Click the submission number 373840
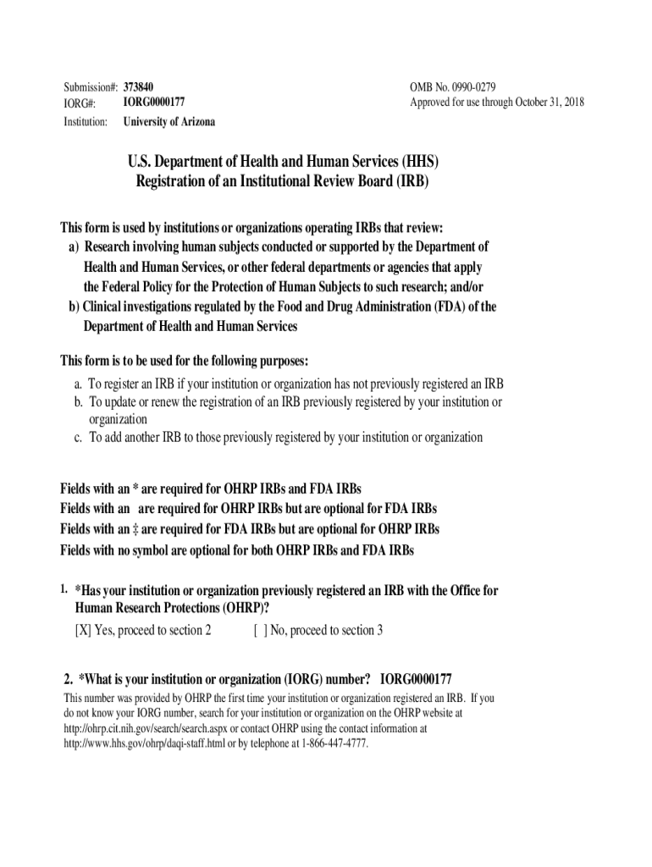point(138,88)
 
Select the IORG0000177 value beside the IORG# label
point(153,102)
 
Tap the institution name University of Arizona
point(169,122)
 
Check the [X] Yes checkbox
point(82,630)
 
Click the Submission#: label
point(91,88)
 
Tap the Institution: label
point(86,122)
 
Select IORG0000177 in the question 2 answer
point(416,679)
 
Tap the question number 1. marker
point(64,588)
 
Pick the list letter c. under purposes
point(78,438)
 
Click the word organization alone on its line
point(119,419)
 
